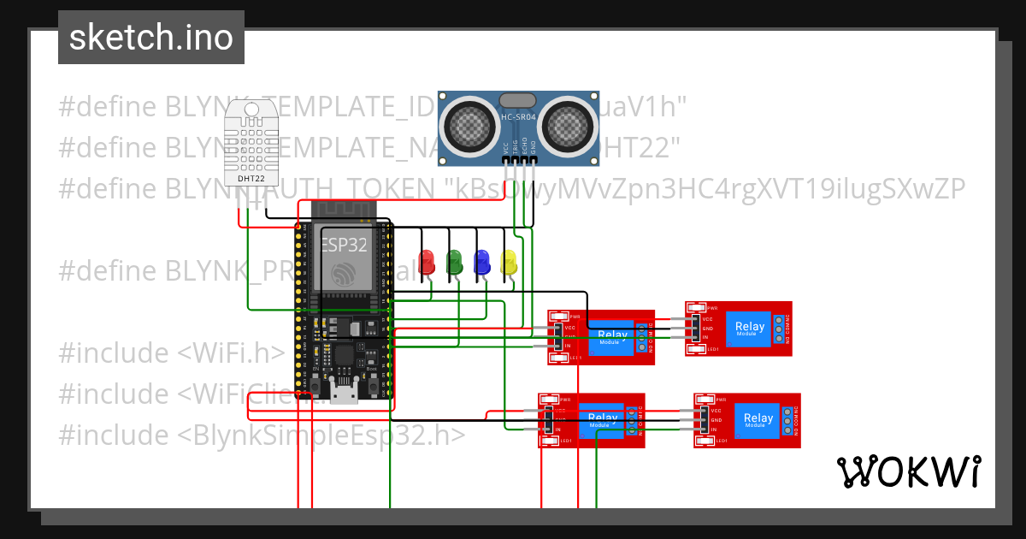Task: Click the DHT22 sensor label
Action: (x=251, y=179)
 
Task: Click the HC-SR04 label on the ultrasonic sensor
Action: (x=518, y=117)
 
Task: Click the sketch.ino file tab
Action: (x=150, y=38)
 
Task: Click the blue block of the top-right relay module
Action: (x=750, y=328)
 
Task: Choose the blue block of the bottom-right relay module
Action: (x=758, y=420)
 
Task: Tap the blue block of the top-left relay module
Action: (x=612, y=336)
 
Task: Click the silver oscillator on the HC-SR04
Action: (x=518, y=100)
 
